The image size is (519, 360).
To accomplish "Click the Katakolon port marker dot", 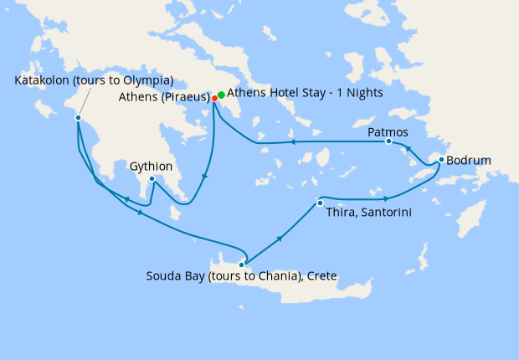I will [78, 118].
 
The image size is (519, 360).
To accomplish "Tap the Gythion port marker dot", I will [152, 179].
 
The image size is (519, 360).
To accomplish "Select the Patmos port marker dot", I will [388, 141].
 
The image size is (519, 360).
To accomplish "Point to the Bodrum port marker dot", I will [442, 161].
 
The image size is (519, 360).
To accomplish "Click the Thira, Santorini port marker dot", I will [320, 203].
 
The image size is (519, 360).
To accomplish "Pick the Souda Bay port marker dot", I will [242, 264].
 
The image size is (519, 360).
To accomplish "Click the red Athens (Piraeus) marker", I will [215, 98].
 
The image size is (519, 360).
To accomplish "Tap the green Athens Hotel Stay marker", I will [222, 95].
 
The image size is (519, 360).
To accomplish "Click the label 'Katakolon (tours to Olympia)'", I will [94, 80].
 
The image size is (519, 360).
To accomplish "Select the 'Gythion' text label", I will [152, 167].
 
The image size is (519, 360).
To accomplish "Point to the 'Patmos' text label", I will [388, 131].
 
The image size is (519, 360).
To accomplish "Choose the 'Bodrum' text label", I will [470, 160].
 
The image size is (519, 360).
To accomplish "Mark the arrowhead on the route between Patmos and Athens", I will [294, 143].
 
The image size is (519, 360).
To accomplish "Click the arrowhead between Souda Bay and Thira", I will [279, 239].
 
